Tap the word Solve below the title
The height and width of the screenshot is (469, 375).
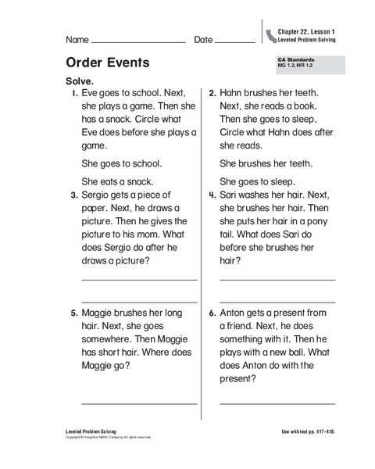[x=83, y=81]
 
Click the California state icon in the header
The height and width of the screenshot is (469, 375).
[x=271, y=34]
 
